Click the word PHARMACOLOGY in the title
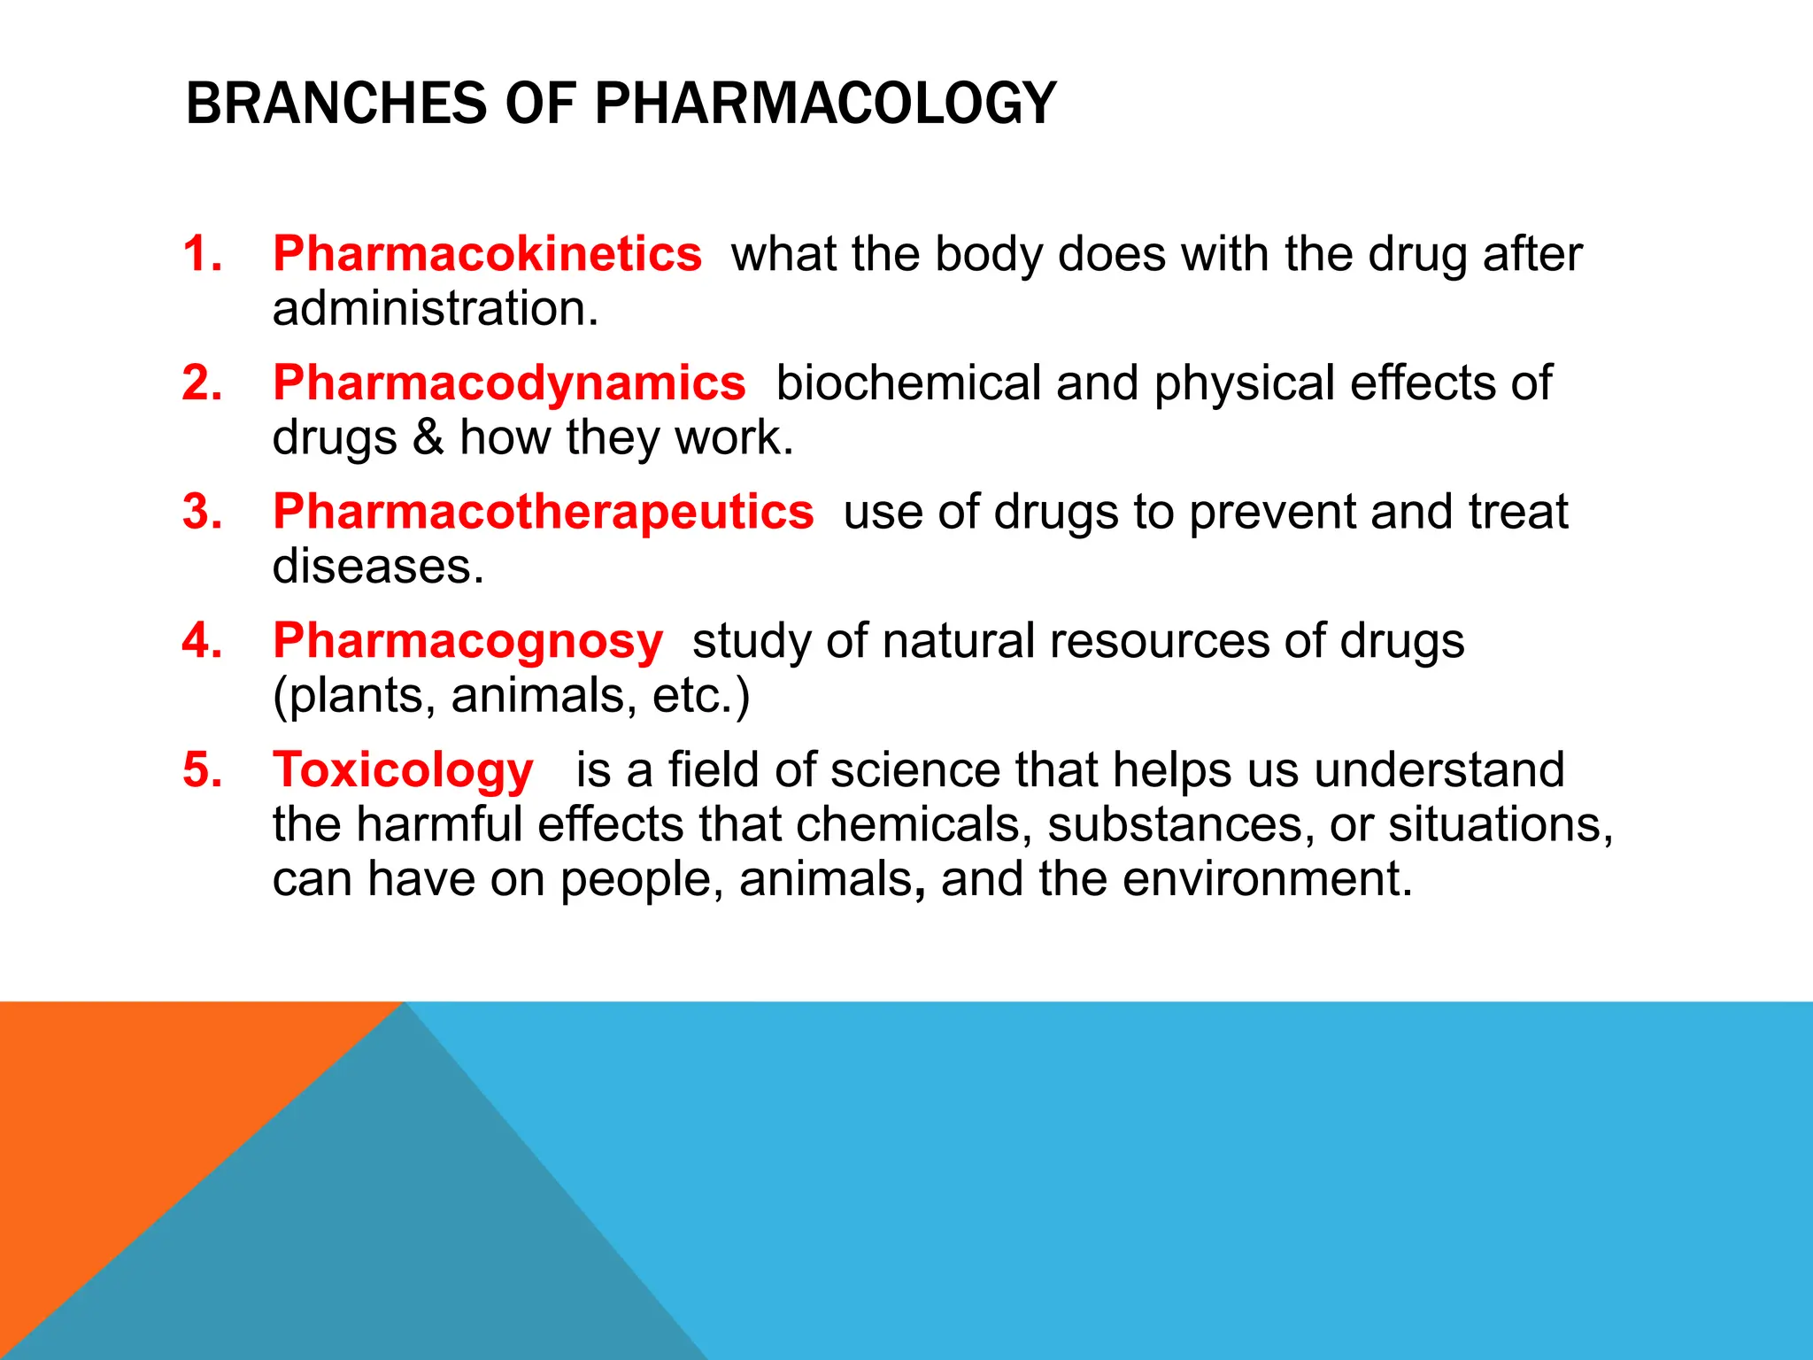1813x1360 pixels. pyautogui.click(x=825, y=104)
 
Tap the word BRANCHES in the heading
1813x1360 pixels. pyautogui.click(x=336, y=104)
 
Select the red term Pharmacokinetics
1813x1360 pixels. pyautogui.click(x=487, y=254)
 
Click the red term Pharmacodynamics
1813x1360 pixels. pyautogui.click(x=509, y=383)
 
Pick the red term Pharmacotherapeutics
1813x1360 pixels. pyautogui.click(x=543, y=512)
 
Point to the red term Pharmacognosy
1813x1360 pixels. pyautogui.click(x=467, y=641)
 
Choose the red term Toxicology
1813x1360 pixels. pyautogui.click(x=403, y=770)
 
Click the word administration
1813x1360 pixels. pyautogui.click(x=435, y=309)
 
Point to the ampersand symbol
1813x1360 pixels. pyautogui.click(x=428, y=437)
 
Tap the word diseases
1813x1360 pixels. pyautogui.click(x=378, y=567)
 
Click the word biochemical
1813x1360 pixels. pyautogui.click(x=908, y=383)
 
